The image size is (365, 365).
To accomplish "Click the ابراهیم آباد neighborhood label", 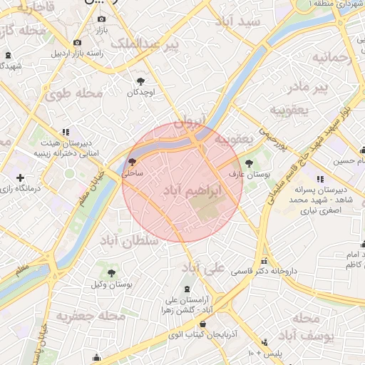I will click(x=192, y=191).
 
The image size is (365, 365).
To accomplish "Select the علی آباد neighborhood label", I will click(x=203, y=267).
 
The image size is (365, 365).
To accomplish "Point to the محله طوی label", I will click(x=74, y=93).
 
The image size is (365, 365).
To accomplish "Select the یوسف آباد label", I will click(x=305, y=327).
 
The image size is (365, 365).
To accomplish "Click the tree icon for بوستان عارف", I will click(x=249, y=163).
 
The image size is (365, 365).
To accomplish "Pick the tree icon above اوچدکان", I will click(x=140, y=81).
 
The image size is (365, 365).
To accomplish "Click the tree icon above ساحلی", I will click(x=132, y=162).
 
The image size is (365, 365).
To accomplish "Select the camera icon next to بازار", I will click(x=101, y=19).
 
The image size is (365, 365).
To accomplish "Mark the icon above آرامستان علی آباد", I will click(x=187, y=289).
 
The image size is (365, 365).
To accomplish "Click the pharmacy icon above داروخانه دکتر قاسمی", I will click(x=264, y=261).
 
